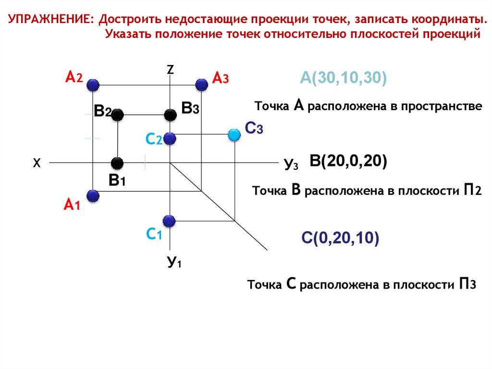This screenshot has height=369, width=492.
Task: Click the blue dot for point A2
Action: [93, 85]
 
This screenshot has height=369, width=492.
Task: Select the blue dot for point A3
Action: [202, 85]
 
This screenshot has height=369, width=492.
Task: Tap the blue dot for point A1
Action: [93, 196]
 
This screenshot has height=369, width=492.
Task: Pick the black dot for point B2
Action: [118, 115]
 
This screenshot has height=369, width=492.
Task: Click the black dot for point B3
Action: [170, 115]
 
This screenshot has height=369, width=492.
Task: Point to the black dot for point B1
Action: [117, 163]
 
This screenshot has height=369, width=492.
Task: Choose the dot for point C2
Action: [170, 139]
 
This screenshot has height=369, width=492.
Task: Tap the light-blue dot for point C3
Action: [234, 135]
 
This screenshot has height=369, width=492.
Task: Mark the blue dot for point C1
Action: [169, 221]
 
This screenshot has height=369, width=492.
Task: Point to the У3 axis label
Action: [291, 165]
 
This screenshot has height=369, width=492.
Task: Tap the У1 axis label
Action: [173, 263]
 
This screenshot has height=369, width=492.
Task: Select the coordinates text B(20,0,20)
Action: [348, 161]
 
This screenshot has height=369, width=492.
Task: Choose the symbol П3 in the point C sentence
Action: [467, 284]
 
